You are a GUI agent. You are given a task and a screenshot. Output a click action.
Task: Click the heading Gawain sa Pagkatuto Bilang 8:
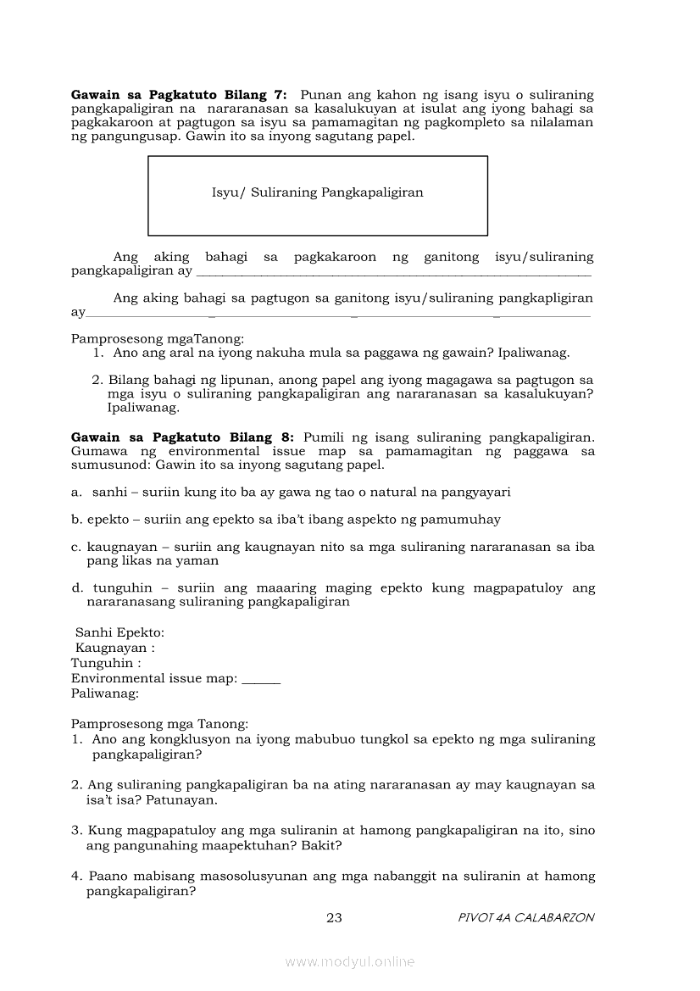point(182,437)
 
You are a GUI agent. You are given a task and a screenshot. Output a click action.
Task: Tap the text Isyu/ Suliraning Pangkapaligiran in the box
point(317,192)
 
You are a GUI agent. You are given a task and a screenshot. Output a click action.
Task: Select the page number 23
point(334,917)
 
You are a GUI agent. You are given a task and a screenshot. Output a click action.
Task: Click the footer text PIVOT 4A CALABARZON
point(525,917)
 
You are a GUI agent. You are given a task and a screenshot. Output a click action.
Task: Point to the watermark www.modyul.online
point(350,961)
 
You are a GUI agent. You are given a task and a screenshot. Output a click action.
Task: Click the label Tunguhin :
point(106,664)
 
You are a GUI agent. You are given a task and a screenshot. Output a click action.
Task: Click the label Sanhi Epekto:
point(119,633)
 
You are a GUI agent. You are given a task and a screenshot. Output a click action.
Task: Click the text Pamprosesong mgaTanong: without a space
point(157,339)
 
